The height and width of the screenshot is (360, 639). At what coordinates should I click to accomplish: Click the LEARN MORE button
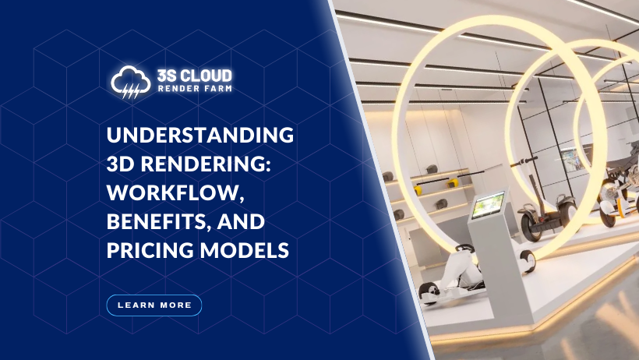pos(154,305)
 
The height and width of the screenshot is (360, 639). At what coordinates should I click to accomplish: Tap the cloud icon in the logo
pos(131,82)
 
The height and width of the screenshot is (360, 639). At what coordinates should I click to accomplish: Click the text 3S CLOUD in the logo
pos(194,76)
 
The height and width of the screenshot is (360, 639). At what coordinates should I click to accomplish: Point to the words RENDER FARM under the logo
pos(195,88)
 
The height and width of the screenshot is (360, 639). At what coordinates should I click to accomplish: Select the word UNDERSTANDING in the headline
pos(200,135)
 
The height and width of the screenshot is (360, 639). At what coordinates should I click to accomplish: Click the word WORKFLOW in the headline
pos(175,192)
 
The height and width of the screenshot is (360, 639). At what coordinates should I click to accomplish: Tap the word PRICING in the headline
pos(150,250)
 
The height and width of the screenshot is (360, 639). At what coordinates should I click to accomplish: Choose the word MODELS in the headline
pos(245,250)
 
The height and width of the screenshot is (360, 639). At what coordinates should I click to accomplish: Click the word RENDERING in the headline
pos(206,164)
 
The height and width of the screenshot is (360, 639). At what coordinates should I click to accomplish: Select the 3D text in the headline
pos(121,164)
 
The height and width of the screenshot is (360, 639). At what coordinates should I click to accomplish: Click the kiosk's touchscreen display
pos(488,204)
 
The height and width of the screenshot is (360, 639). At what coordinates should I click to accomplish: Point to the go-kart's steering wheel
pos(465,249)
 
